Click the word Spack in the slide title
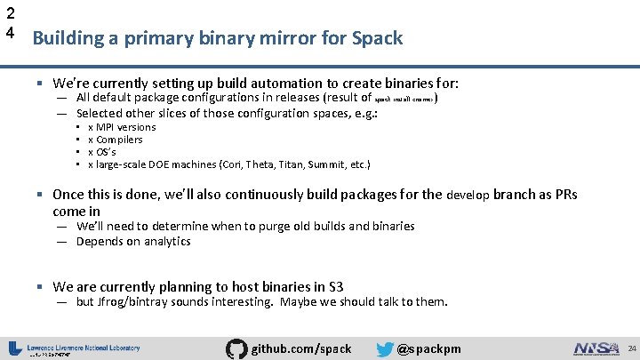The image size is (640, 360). tap(378, 38)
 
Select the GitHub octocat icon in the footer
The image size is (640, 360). tap(237, 348)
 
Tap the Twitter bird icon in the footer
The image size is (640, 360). tap(385, 348)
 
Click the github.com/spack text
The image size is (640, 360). tap(302, 348)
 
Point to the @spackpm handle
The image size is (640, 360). tap(429, 348)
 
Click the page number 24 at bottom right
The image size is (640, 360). tap(629, 348)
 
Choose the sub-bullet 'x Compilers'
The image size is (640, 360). tap(116, 140)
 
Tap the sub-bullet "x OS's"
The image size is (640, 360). tap(102, 152)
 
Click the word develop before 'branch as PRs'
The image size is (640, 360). tap(468, 195)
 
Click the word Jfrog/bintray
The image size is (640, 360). tap(132, 301)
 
